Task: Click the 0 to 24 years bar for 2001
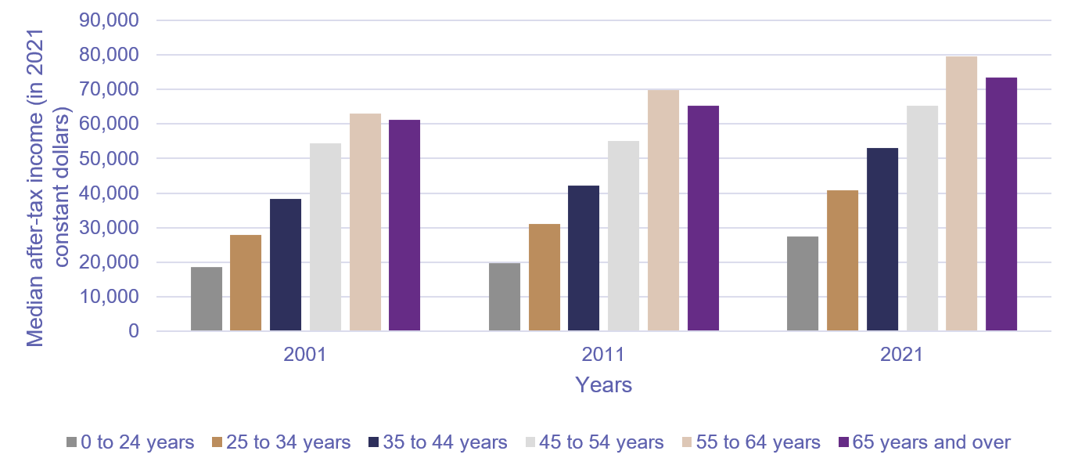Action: [207, 299]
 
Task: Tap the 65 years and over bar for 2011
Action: [703, 218]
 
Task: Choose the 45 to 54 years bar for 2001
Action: [325, 237]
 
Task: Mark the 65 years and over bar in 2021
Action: [1001, 204]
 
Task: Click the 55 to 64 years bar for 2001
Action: [365, 222]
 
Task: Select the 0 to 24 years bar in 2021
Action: [803, 284]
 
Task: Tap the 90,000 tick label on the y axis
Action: [110, 20]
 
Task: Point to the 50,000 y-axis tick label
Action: [110, 159]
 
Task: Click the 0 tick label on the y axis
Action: [132, 332]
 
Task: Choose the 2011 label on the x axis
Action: [603, 355]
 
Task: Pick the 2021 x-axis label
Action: [901, 355]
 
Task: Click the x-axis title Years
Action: [603, 385]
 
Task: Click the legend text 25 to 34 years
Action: [288, 443]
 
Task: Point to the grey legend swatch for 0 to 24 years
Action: [73, 443]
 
